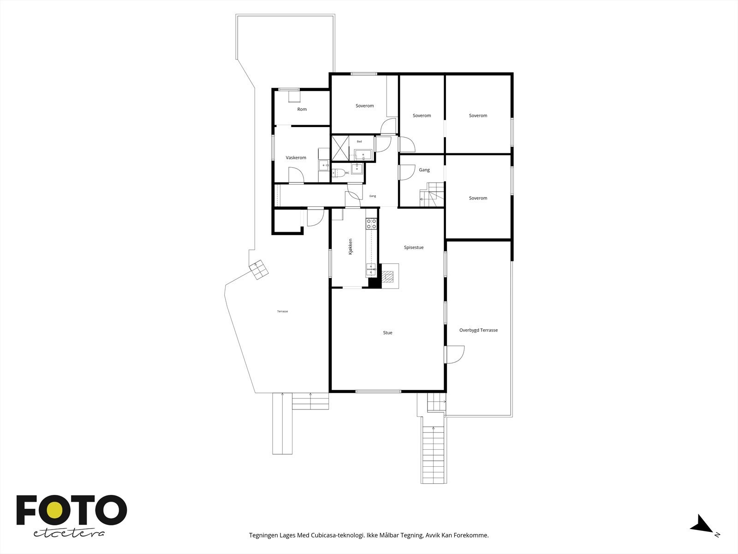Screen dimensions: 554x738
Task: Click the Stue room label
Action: pos(387,332)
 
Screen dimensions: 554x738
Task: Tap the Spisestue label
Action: pos(413,247)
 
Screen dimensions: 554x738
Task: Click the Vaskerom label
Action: pos(296,158)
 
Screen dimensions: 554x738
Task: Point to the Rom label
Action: pos(302,109)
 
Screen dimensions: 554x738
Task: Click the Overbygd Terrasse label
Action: pos(478,330)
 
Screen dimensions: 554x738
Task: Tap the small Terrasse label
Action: pos(282,312)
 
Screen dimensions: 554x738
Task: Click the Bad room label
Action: pos(359,141)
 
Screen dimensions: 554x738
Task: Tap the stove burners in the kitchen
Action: pos(371,224)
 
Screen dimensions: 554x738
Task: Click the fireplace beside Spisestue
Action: pos(389,277)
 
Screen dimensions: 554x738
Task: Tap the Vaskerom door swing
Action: pos(296,175)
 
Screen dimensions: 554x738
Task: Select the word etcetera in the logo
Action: pos(69,533)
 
